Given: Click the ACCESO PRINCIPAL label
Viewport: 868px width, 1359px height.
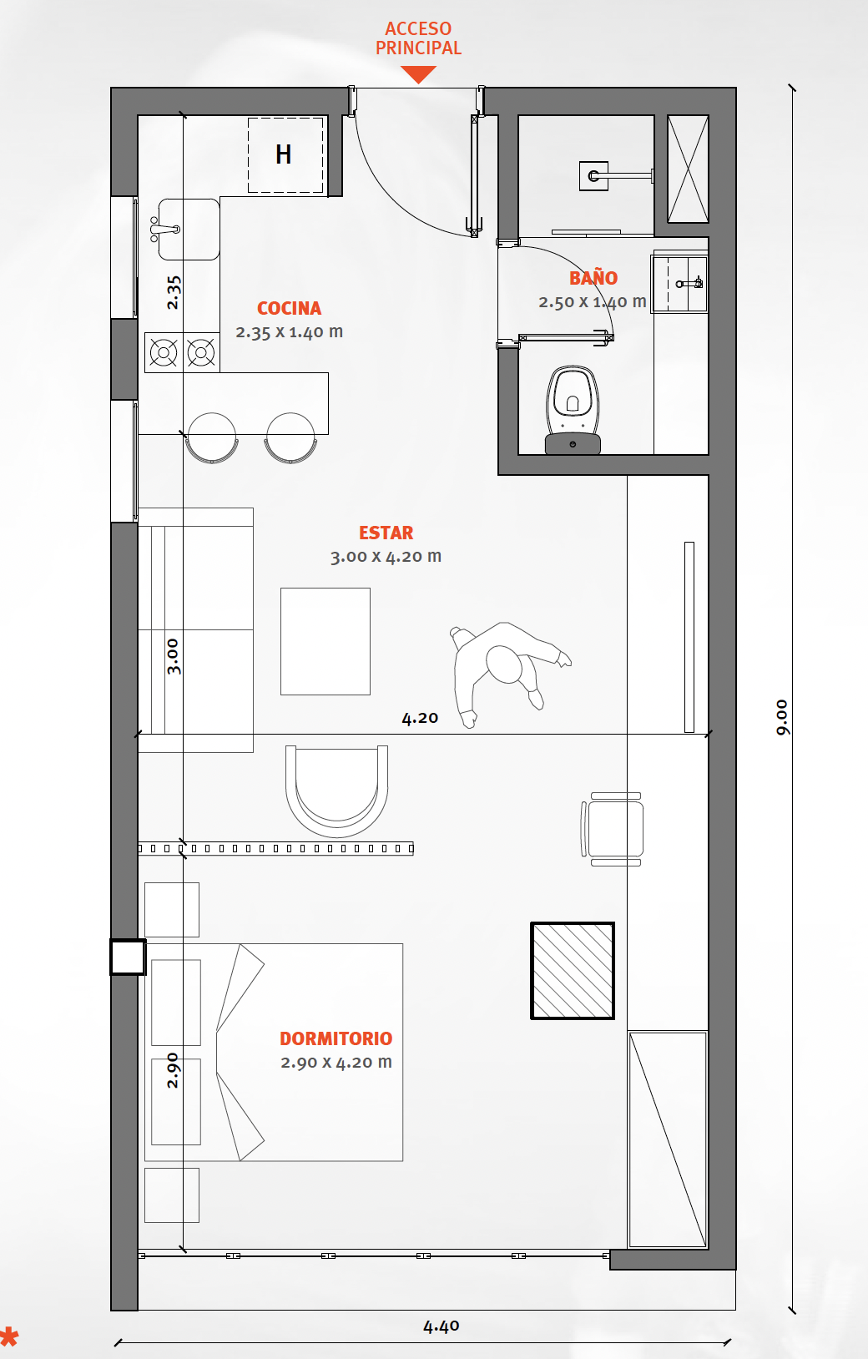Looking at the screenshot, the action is click(418, 38).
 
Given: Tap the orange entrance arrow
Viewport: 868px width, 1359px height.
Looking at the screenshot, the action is click(418, 74).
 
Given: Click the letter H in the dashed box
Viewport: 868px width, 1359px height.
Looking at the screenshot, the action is click(283, 154).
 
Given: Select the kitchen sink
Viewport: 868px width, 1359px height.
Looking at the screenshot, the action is click(188, 230).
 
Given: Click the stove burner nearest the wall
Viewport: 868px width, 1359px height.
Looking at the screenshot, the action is click(163, 352).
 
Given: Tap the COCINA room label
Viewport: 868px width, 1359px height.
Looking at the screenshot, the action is click(290, 308).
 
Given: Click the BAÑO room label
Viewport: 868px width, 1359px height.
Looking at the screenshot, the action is click(593, 278).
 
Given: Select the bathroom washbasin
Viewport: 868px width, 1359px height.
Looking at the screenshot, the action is click(680, 284).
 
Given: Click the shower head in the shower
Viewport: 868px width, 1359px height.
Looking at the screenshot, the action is click(594, 176).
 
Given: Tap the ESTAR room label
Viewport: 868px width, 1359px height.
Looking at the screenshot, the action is click(386, 533).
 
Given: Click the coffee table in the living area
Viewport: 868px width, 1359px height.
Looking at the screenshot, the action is click(325, 641).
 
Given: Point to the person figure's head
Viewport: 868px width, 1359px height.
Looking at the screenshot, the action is click(504, 664).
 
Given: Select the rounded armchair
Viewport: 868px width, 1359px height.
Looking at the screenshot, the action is click(336, 791).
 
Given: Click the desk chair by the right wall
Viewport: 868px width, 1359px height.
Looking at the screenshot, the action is click(613, 829).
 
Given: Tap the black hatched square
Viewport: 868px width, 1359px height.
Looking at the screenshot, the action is click(573, 971).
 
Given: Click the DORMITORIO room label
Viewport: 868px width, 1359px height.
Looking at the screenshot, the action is click(336, 1038).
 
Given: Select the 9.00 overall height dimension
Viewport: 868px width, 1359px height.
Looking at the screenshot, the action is click(782, 717).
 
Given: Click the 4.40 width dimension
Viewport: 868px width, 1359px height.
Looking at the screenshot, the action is click(441, 1326).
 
